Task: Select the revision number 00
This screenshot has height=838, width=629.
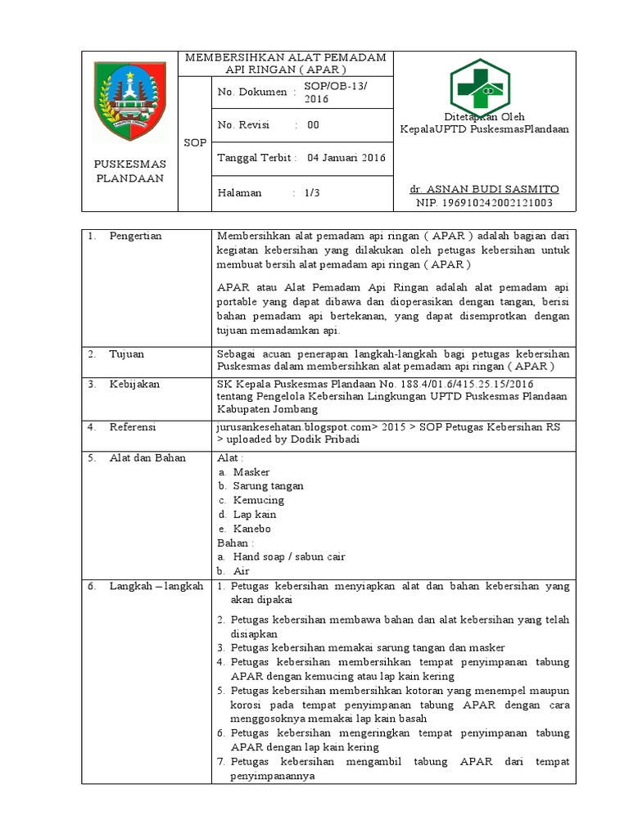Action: pos(313,125)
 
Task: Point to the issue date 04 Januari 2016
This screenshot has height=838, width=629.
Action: pos(346,158)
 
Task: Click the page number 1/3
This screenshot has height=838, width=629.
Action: pos(312,193)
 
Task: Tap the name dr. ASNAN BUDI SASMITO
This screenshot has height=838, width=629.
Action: pos(484,189)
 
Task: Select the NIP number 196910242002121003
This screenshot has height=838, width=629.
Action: pos(484,202)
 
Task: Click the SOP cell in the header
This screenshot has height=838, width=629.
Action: pos(195,142)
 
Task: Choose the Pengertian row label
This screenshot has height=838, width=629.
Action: pos(135,236)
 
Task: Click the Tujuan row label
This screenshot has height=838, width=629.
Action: pos(127,354)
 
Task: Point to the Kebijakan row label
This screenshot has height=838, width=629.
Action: pos(134,383)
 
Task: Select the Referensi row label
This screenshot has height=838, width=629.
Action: pos(133,426)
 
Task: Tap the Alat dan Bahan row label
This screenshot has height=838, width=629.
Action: pos(147,457)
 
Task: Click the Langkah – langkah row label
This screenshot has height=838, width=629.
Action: pos(156,586)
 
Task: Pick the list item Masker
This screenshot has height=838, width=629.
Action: pos(251,472)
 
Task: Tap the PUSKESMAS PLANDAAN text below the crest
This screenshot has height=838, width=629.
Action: pos(129,170)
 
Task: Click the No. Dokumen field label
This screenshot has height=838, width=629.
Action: pos(253,92)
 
